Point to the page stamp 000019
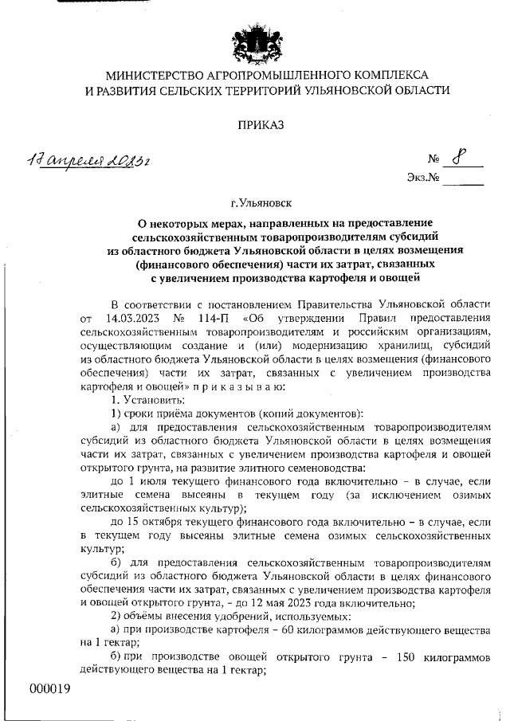tap(50, 688)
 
